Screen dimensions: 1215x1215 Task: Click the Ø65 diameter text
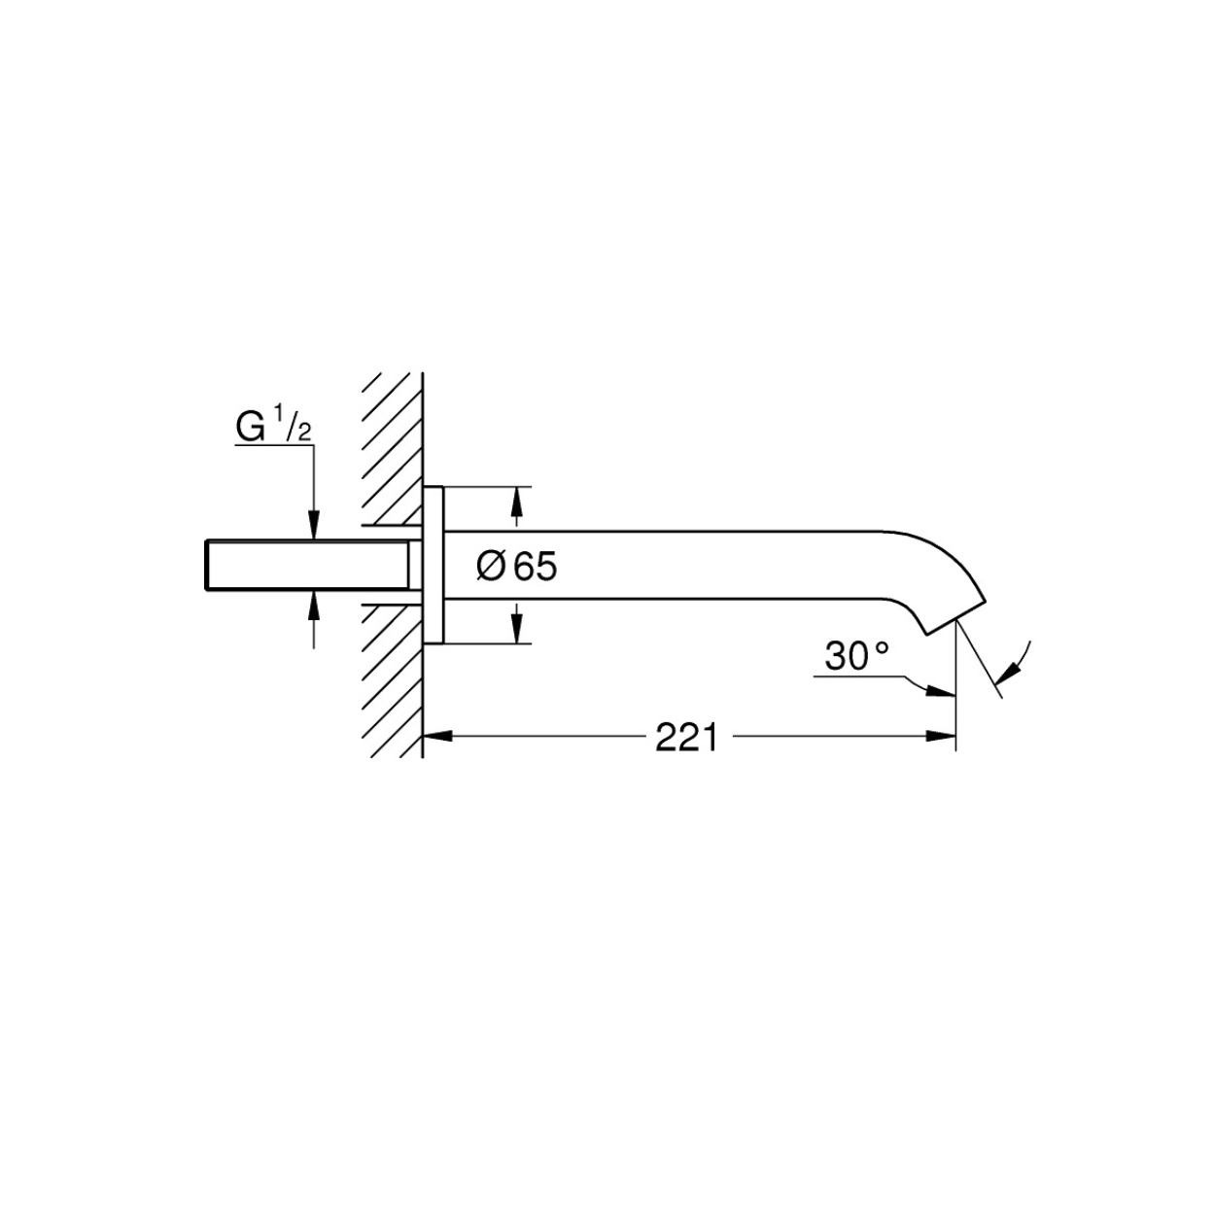click(x=516, y=566)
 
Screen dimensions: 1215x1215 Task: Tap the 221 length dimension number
click(x=686, y=737)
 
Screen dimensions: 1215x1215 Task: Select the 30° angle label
click(x=856, y=655)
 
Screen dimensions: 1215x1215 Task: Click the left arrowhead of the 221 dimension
click(x=437, y=736)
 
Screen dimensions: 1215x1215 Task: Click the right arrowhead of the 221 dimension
click(x=940, y=736)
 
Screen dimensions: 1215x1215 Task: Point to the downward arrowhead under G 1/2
click(x=314, y=526)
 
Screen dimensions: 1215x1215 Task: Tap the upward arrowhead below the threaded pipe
click(x=314, y=606)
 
